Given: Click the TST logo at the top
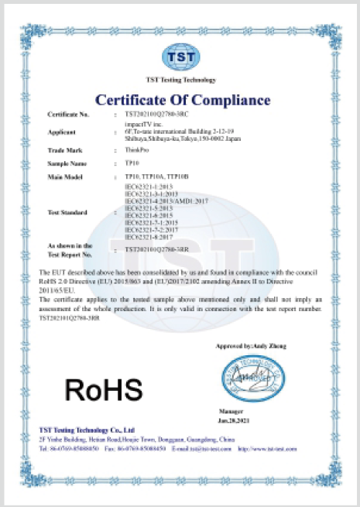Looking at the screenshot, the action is tap(180, 58).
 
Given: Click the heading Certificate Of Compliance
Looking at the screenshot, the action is tap(183, 100).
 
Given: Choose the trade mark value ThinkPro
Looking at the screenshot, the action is tap(136, 149).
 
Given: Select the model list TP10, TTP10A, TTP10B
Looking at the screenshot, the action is tap(156, 178).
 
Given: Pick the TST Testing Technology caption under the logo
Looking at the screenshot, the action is tap(180, 80).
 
